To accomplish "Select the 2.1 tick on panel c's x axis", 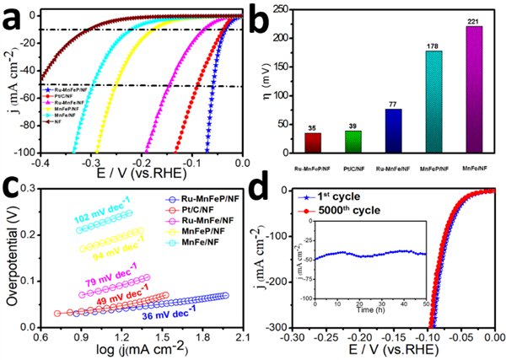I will (240, 338).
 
